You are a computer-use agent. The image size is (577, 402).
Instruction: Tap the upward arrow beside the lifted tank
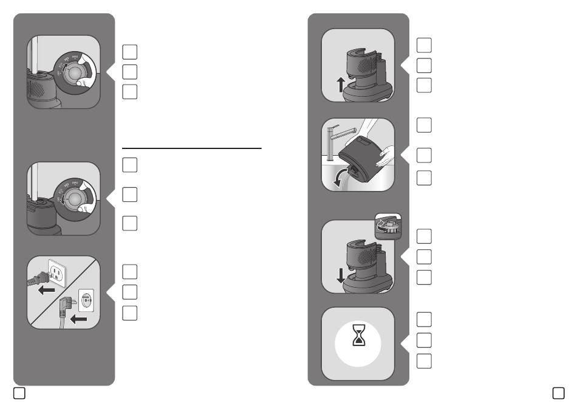[341, 84]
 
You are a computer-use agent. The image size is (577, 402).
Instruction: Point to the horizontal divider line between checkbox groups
[191, 148]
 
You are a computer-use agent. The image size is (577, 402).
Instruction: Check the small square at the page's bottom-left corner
[19, 393]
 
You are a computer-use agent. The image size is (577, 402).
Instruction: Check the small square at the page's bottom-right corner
[558, 393]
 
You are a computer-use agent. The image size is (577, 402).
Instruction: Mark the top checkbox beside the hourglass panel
[425, 319]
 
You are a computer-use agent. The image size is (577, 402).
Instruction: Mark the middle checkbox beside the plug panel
[129, 292]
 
